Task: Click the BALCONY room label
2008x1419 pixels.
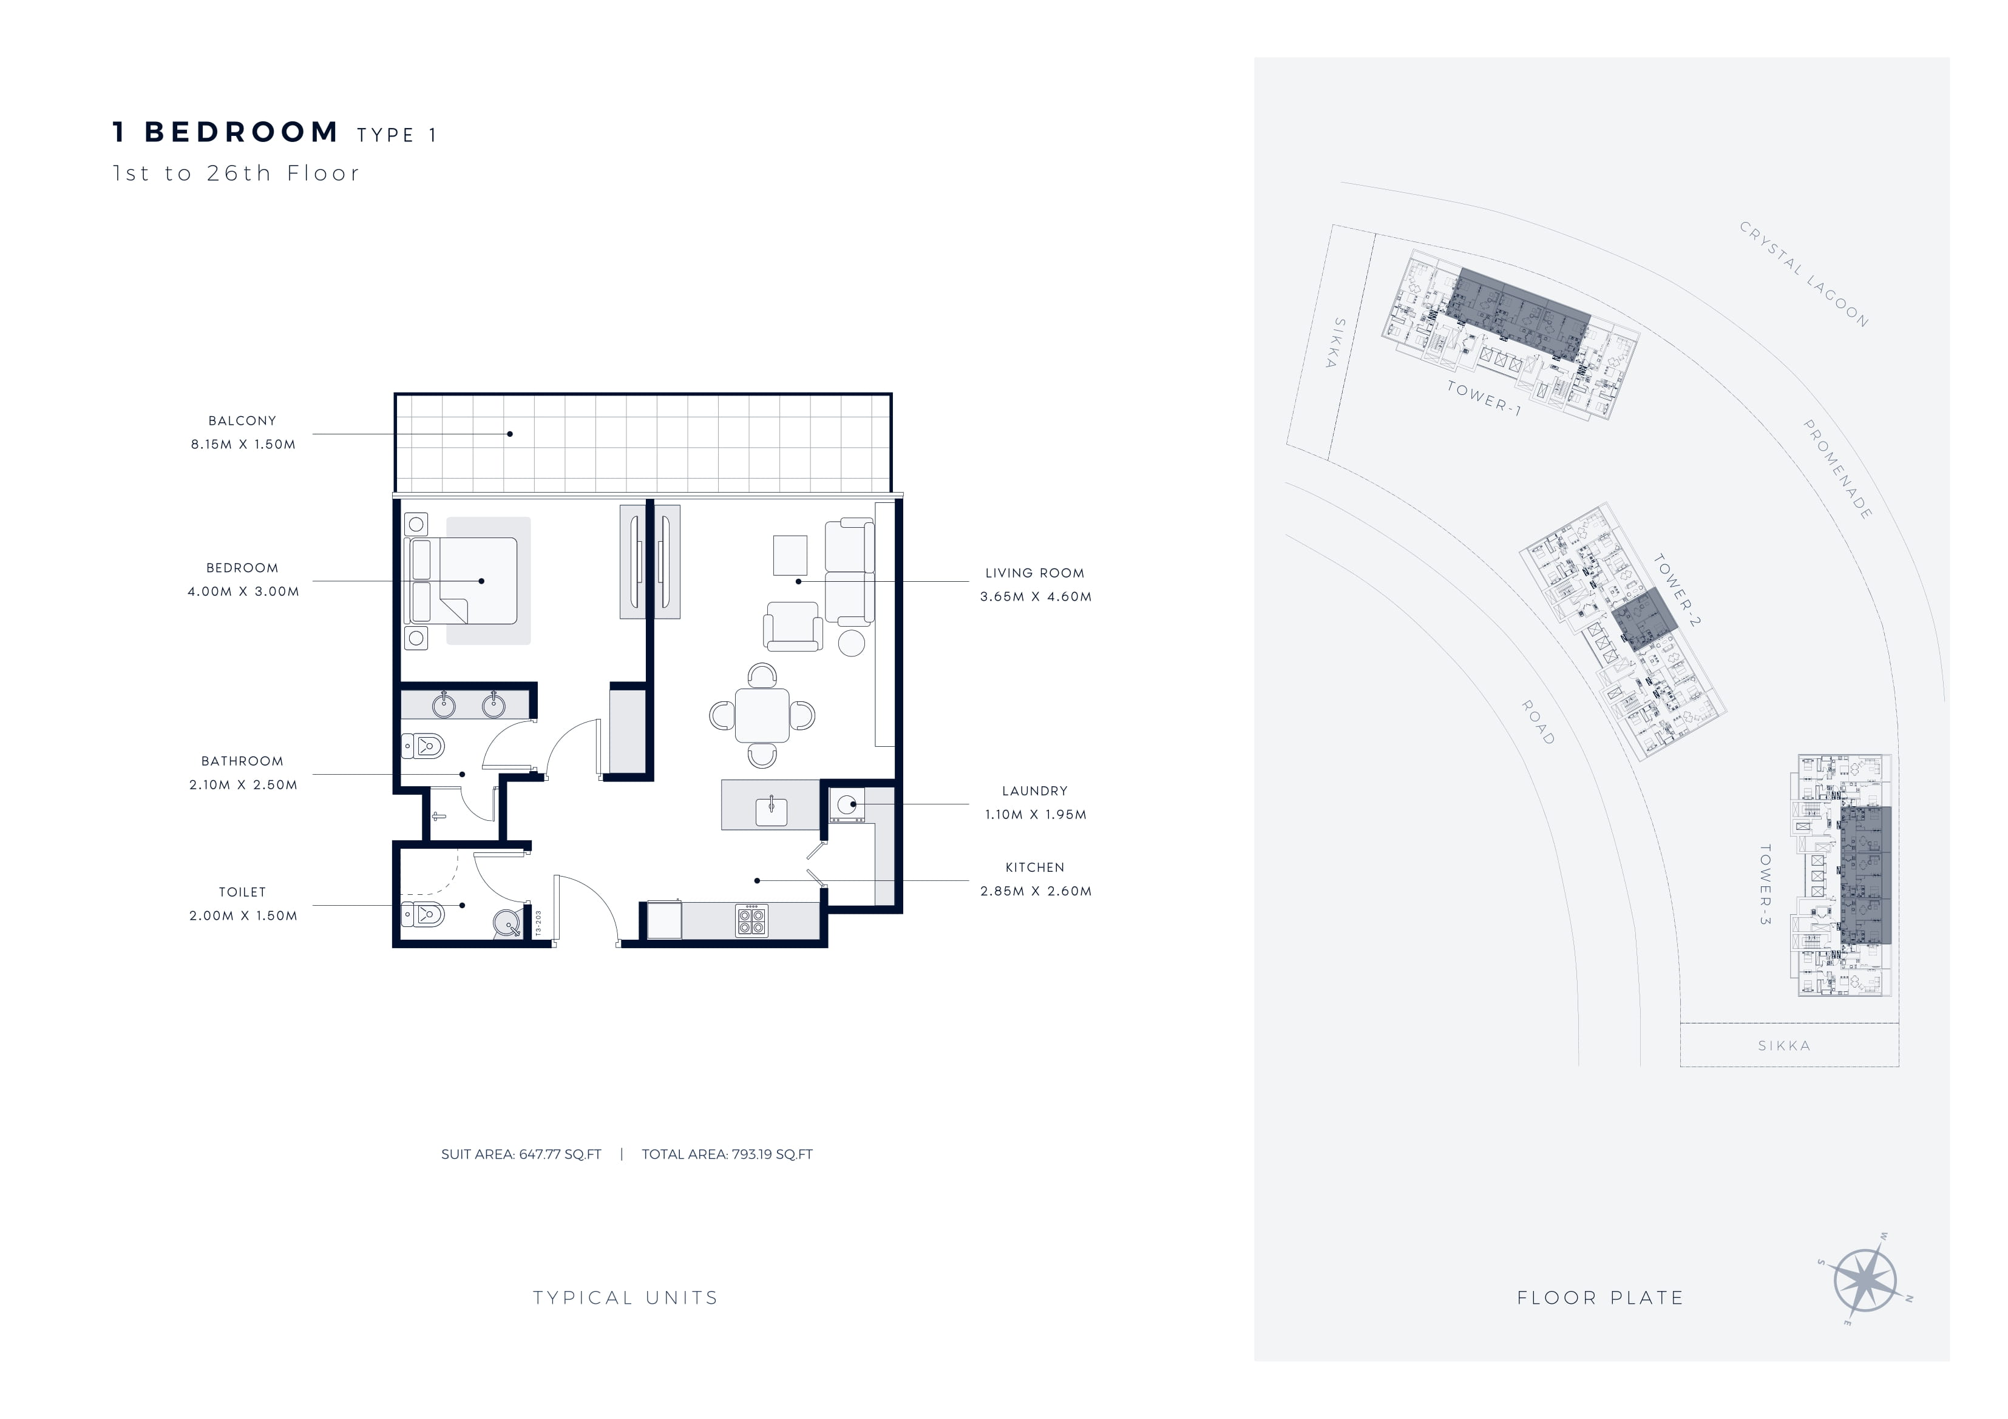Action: (x=242, y=420)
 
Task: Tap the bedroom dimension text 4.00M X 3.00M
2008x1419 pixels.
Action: (x=243, y=591)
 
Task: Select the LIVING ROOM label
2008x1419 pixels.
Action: (x=1034, y=573)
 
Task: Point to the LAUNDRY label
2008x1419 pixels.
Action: (x=1034, y=790)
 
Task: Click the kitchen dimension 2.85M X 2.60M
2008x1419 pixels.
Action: (x=1036, y=891)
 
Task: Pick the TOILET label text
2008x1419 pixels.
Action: (x=242, y=892)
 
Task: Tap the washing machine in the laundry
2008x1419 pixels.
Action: (x=847, y=805)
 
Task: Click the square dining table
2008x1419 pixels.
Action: (x=762, y=715)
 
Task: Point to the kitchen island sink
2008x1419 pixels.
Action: (x=772, y=811)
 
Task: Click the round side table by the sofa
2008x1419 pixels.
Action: (x=851, y=642)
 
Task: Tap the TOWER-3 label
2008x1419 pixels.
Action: (x=1766, y=884)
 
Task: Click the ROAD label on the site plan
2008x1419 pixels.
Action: (x=1538, y=722)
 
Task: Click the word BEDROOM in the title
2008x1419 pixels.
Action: (x=242, y=132)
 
